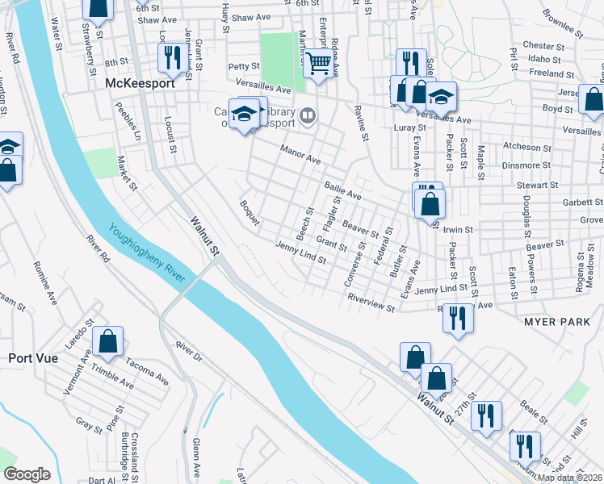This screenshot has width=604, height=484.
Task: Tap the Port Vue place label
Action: (x=33, y=357)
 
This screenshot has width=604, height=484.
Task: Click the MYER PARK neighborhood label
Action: (x=556, y=321)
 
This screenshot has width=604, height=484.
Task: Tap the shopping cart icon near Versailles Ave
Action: (x=320, y=62)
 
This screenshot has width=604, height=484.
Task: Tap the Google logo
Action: (x=27, y=474)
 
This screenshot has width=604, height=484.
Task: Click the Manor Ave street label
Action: (x=300, y=153)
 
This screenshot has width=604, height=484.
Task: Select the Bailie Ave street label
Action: (x=342, y=190)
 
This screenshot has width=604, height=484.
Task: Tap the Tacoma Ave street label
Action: (x=146, y=374)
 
